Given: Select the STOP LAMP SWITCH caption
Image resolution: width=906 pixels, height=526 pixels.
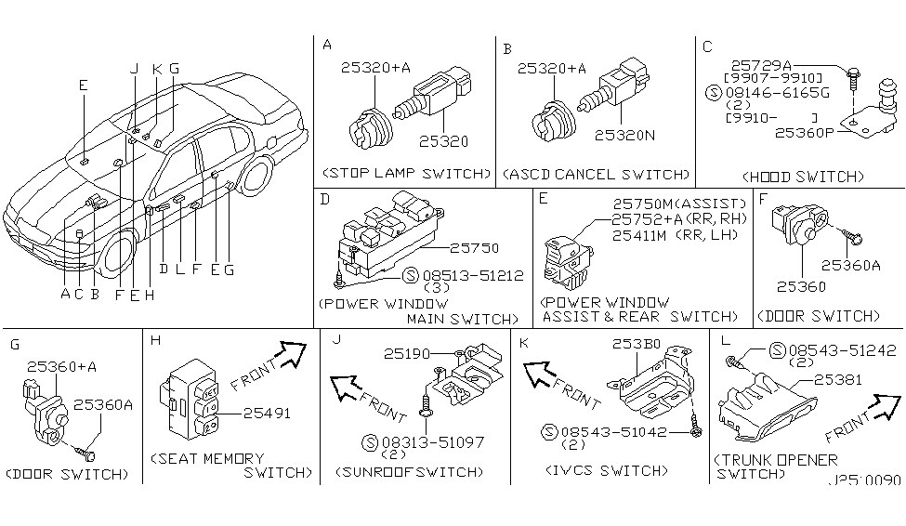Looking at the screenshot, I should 405,173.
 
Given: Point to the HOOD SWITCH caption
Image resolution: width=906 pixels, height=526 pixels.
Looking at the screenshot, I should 804,176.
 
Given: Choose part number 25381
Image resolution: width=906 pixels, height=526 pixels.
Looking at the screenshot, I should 837,379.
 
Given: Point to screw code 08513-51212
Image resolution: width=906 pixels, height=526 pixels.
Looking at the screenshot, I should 471,275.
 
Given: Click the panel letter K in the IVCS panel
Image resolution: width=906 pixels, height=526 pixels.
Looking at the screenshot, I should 522,342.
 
